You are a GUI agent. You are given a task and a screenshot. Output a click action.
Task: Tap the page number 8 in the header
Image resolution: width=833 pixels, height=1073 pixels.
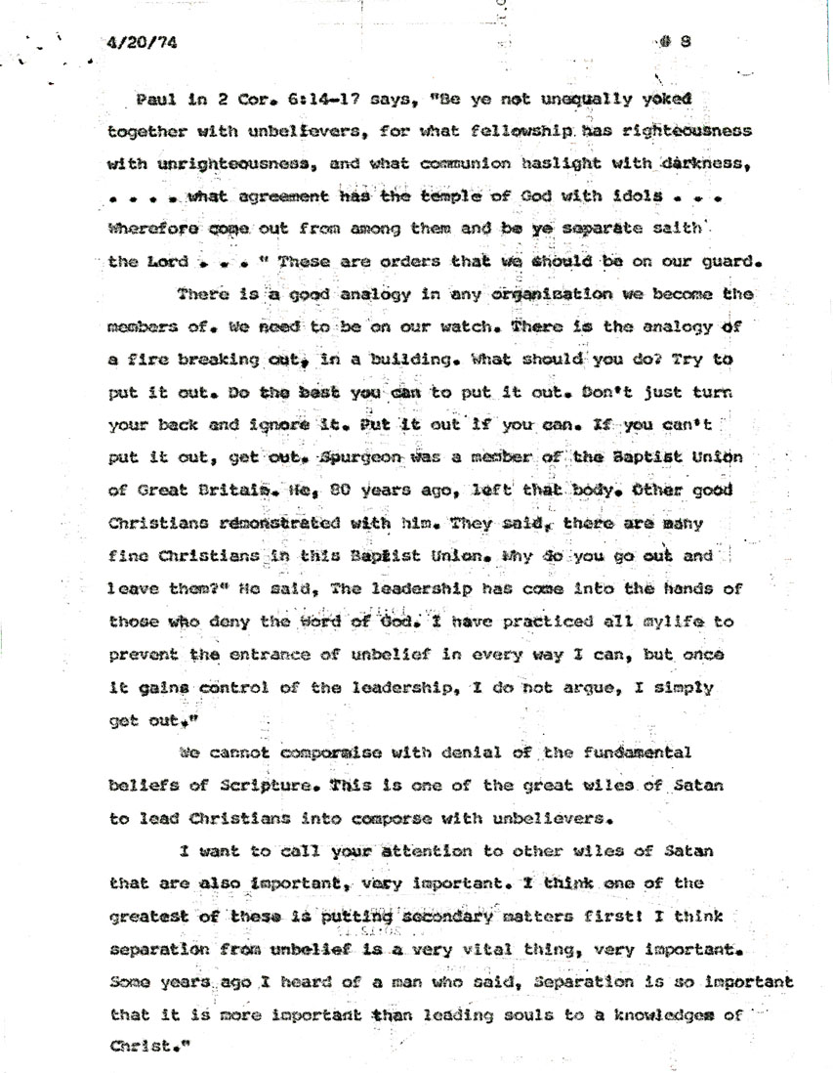pyautogui.click(x=687, y=41)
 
